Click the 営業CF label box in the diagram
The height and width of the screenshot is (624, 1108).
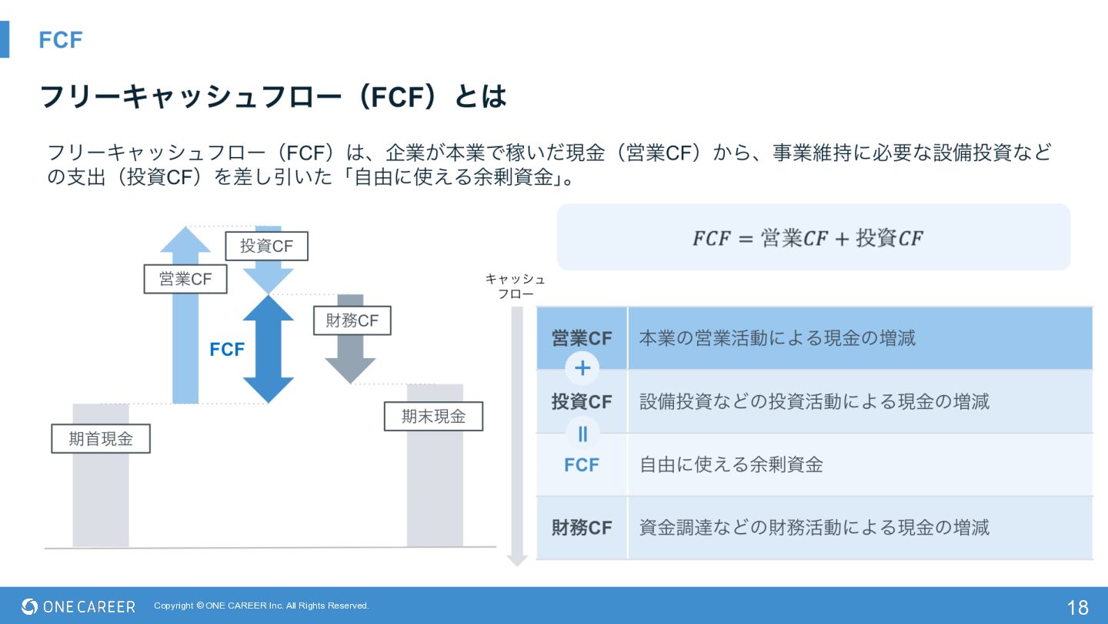click(x=185, y=279)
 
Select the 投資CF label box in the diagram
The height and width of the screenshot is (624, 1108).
click(x=266, y=247)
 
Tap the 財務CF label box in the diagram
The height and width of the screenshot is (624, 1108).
click(x=352, y=320)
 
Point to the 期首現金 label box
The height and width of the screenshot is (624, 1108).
click(x=101, y=438)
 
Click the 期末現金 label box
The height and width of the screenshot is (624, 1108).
click(x=433, y=417)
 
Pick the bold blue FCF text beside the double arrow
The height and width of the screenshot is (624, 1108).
click(x=227, y=350)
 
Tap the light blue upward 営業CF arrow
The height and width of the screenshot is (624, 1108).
click(x=185, y=347)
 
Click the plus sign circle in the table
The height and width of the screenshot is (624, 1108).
click(x=582, y=369)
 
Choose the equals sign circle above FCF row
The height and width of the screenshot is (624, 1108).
click(x=582, y=434)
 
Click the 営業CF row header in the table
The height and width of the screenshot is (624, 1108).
click(x=582, y=338)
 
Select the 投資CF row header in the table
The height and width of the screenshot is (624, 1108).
click(x=582, y=401)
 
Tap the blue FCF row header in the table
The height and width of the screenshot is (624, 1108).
click(x=582, y=465)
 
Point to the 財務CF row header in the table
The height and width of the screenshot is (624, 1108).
click(x=582, y=528)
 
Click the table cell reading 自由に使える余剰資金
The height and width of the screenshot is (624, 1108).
click(x=731, y=465)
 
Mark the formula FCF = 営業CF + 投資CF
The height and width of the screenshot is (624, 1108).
click(x=807, y=238)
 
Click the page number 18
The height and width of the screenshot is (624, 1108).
click(x=1077, y=607)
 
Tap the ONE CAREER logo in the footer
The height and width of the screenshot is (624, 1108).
click(x=78, y=606)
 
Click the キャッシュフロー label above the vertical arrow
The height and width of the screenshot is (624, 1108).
click(x=516, y=286)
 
